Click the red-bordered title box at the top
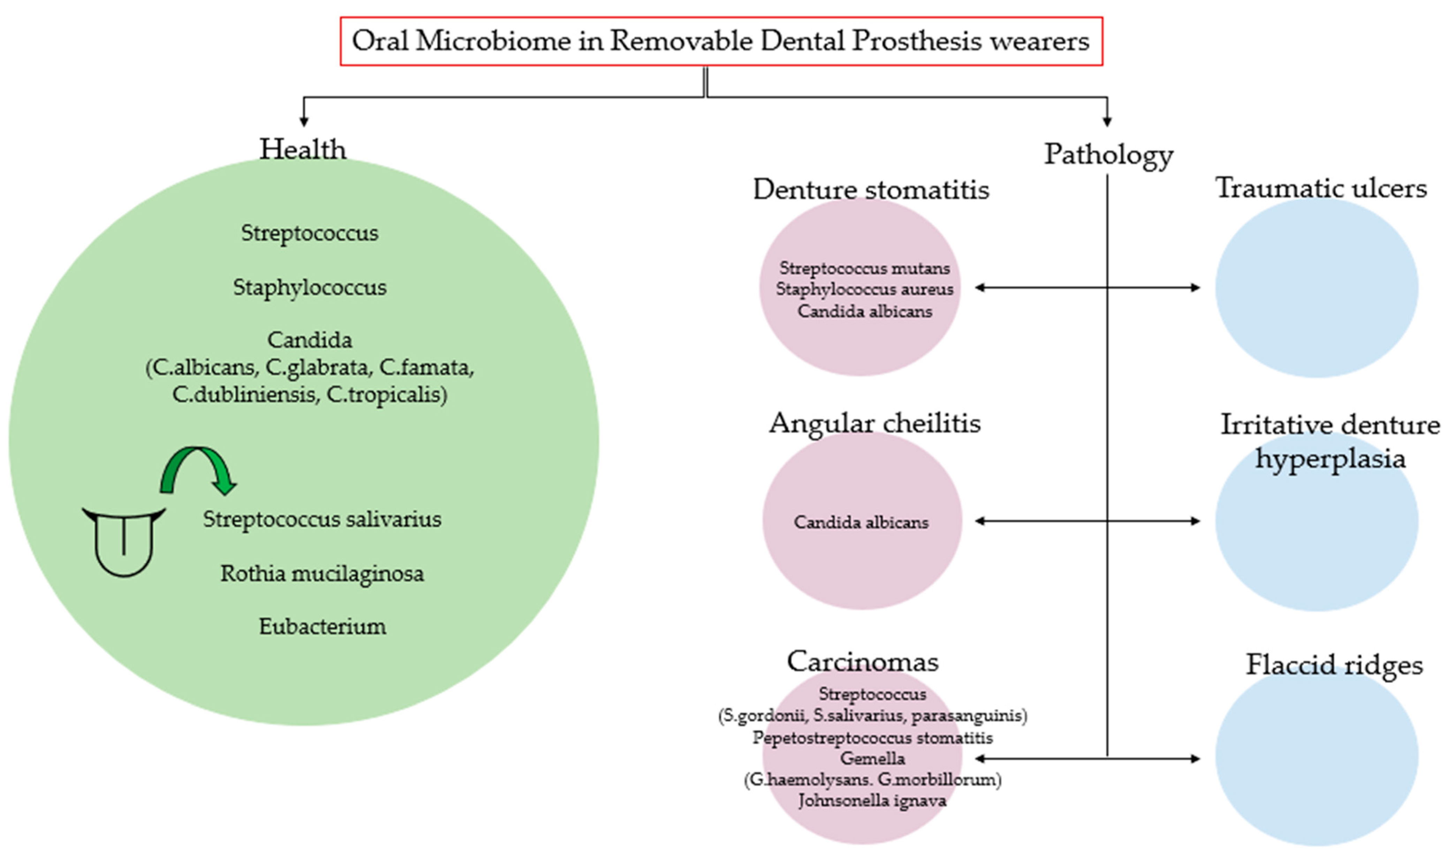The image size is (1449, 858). tap(720, 41)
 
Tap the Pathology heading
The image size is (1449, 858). tap(1108, 155)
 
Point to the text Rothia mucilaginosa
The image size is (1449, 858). tap(322, 573)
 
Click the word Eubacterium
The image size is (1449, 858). tap(322, 627)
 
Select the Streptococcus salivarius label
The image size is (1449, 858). tap(322, 519)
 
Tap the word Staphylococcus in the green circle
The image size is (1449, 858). tap(310, 287)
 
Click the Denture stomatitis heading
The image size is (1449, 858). tap(871, 190)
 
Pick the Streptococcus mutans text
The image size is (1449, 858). tap(864, 268)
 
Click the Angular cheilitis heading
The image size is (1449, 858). tap(874, 423)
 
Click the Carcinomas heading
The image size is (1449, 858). tap(862, 661)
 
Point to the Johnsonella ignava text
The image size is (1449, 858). tap(872, 801)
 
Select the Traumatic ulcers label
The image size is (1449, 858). tap(1321, 188)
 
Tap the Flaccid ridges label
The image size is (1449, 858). tap(1333, 664)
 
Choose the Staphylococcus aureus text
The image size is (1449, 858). tap(864, 289)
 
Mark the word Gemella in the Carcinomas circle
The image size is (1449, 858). tap(872, 758)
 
